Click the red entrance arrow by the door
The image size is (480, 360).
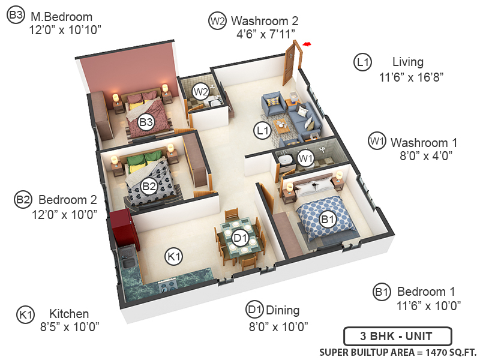coord(308,44)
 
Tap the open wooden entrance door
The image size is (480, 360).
coord(291,63)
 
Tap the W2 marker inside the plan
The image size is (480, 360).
coord(200,92)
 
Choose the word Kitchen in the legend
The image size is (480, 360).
coord(69,314)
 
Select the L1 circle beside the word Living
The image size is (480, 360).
coord(364,62)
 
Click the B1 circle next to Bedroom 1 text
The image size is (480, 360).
coord(382,292)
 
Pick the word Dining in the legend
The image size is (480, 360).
coord(283,310)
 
